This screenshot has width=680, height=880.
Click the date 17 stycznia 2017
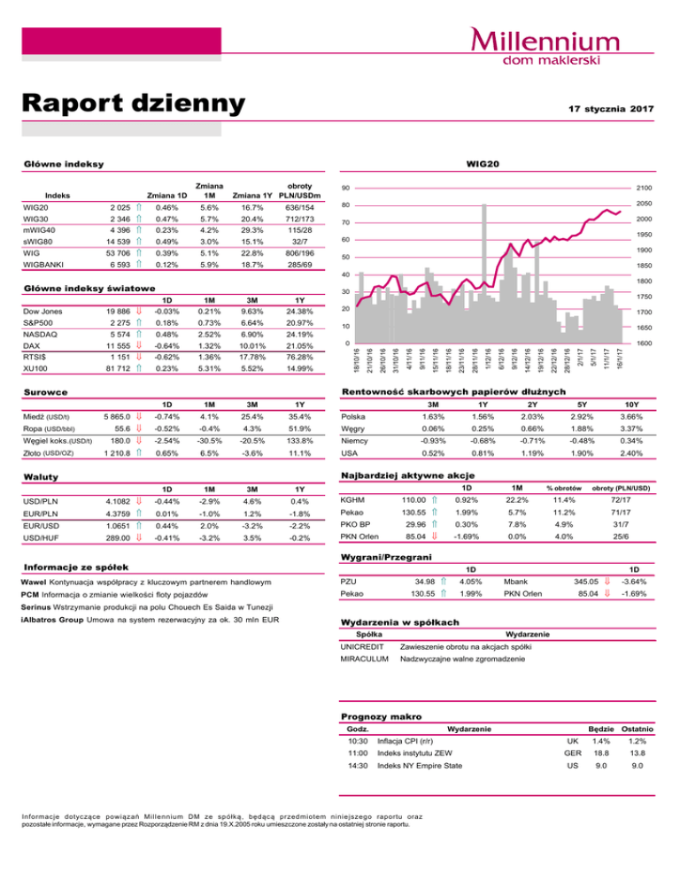pos(610,108)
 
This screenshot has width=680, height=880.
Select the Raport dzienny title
pos(133,104)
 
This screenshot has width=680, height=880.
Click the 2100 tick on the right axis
pos(644,188)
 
